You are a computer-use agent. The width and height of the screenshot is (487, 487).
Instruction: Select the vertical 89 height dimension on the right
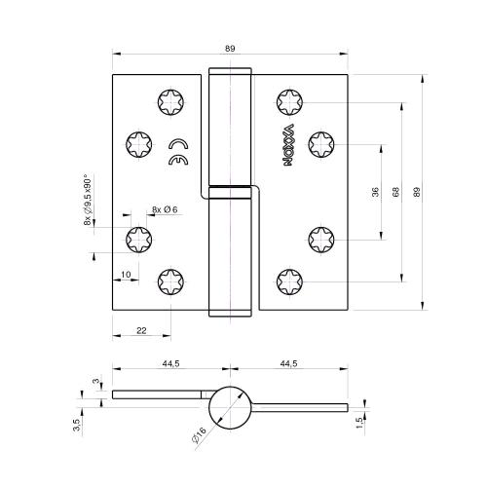(x=418, y=192)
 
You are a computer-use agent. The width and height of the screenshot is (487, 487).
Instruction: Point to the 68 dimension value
(x=395, y=192)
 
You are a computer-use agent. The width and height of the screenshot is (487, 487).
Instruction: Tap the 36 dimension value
(x=375, y=192)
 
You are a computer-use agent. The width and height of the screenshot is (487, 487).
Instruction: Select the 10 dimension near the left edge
(x=126, y=276)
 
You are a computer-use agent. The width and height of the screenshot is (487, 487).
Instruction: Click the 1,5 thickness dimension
(x=359, y=421)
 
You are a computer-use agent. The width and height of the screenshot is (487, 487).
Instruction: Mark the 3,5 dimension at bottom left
(x=76, y=424)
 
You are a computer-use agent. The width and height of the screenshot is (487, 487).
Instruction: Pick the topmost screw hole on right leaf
(x=289, y=100)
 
